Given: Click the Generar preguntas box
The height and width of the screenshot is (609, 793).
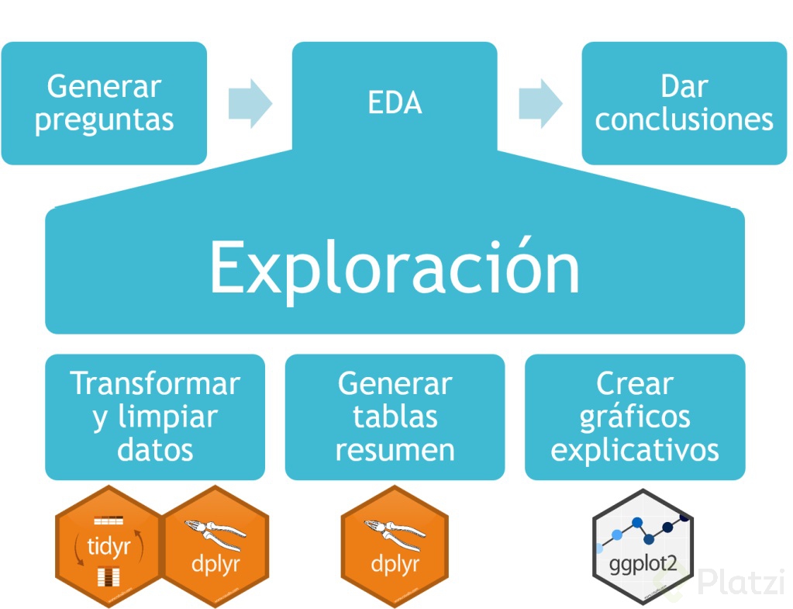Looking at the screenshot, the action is point(104,103).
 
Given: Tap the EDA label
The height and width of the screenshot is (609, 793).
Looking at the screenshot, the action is point(395,102).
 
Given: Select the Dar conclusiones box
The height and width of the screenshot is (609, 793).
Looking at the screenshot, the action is point(684,103).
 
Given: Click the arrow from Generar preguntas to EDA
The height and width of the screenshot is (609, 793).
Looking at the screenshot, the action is point(250,103).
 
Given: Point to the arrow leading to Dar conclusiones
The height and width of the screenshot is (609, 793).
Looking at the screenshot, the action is point(540,103).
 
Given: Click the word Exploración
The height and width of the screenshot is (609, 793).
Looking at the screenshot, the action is point(395,268).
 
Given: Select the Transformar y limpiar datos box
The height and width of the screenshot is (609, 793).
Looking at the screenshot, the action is point(155,417).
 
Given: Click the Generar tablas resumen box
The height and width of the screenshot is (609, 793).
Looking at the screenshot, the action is point(395,417).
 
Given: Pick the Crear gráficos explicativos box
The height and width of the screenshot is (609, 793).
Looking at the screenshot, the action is point(635,417).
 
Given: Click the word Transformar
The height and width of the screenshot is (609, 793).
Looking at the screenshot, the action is point(155,383).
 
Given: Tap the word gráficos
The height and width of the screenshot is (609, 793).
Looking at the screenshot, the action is point(635,418).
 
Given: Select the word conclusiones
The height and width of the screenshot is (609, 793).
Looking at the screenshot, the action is point(684,119).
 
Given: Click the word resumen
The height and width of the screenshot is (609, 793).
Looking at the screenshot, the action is point(395,450).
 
